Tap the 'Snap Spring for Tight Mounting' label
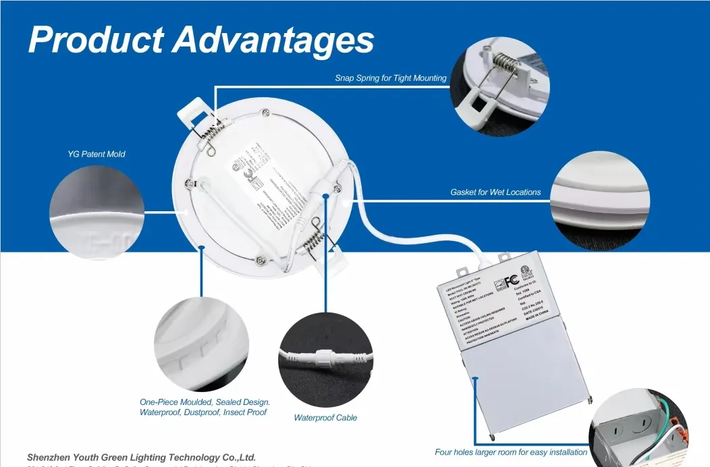[x=391, y=78]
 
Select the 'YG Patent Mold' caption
[x=96, y=154]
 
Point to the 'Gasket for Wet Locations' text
[x=495, y=192]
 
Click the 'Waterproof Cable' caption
[x=325, y=418]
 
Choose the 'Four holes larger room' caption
[x=511, y=452]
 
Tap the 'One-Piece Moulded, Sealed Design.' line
[x=204, y=402]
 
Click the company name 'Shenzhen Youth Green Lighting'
[x=141, y=458]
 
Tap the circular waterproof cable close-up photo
[x=325, y=360]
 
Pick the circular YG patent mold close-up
[x=97, y=212]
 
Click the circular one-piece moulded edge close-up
[x=201, y=344]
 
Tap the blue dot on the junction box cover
[x=475, y=379]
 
